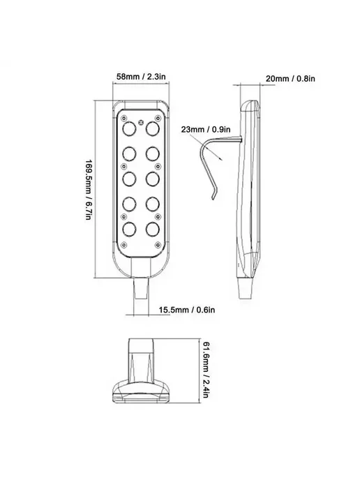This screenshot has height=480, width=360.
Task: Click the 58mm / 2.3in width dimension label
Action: [x=141, y=76]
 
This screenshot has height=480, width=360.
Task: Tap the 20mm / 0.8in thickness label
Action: [x=290, y=79]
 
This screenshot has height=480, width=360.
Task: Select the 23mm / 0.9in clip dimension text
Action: [x=206, y=129]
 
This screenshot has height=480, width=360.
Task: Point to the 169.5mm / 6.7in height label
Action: [x=88, y=190]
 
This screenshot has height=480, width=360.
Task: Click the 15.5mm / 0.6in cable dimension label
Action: [x=187, y=310]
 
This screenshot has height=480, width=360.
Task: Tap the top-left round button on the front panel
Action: [x=129, y=128]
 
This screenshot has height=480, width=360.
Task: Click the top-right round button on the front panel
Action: [x=153, y=128]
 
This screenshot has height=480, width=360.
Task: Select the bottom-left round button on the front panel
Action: [x=129, y=230]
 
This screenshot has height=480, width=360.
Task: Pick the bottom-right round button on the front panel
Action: [x=153, y=230]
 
